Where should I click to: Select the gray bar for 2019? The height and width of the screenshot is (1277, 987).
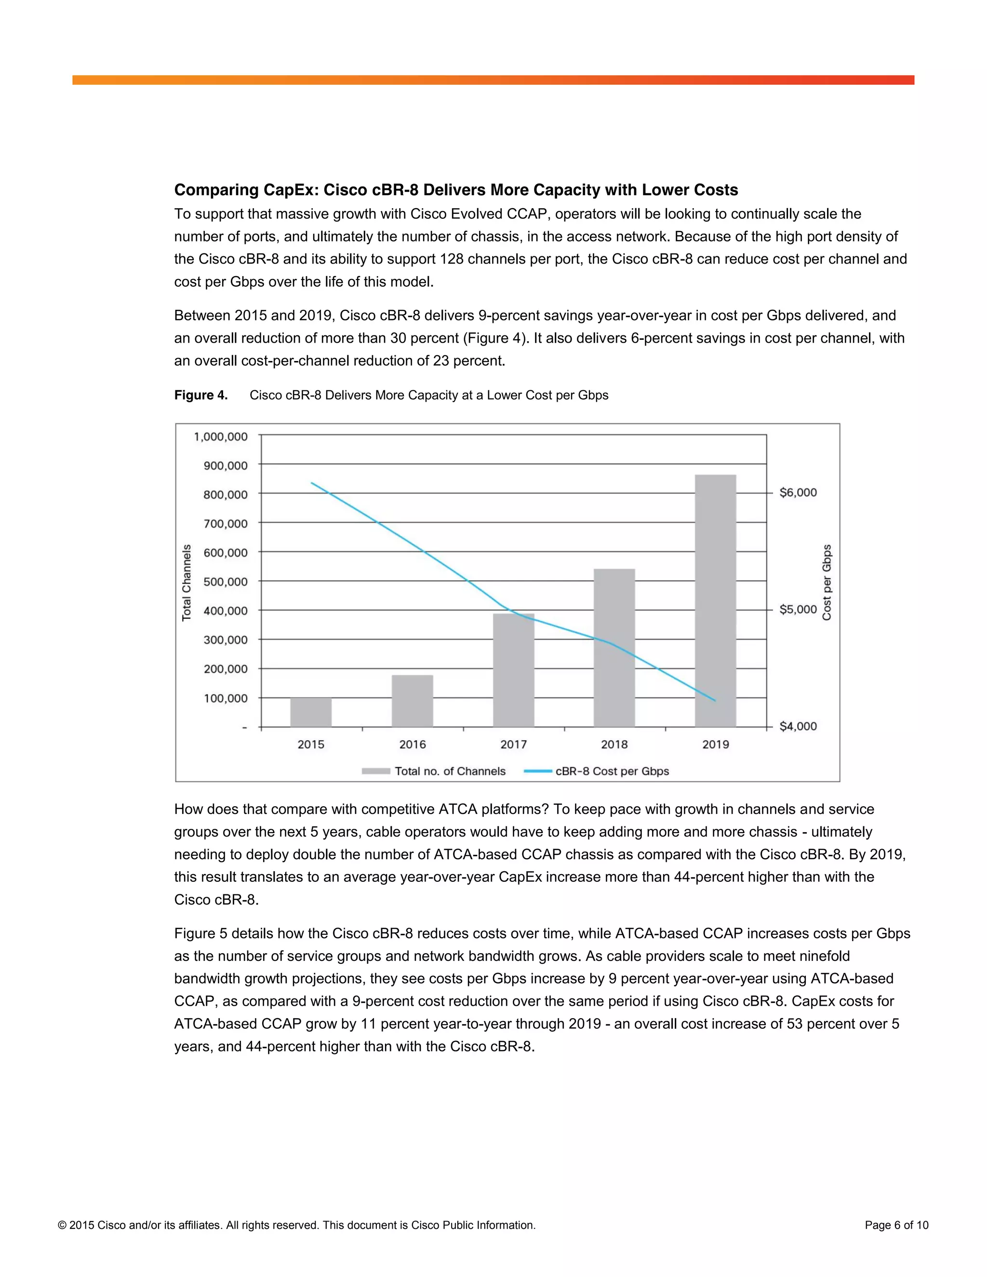715,602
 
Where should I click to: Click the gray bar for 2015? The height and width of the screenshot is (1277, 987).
310,712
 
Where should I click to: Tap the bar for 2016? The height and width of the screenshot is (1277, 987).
412,701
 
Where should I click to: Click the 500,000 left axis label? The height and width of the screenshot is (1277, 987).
225,582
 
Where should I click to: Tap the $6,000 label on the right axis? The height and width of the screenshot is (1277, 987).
798,492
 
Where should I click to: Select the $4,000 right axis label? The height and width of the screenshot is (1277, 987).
798,726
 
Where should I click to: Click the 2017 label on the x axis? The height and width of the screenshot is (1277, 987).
513,745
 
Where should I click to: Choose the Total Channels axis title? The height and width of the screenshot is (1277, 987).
187,583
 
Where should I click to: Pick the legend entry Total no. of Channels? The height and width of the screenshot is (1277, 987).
449,771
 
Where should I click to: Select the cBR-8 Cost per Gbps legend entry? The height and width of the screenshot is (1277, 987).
612,771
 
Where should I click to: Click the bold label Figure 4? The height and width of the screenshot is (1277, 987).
200,395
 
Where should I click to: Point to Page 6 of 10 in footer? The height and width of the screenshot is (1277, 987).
896,1225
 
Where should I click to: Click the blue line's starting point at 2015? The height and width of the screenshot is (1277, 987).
312,483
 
